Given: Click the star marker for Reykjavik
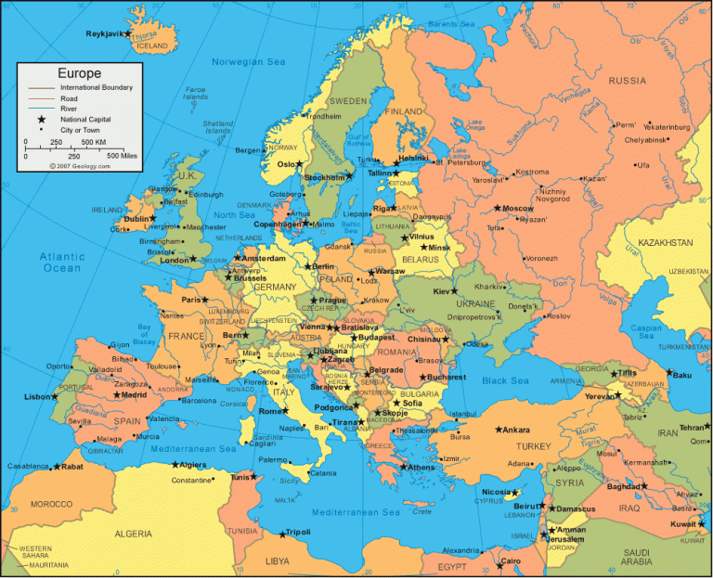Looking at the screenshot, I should pyautogui.click(x=129, y=34).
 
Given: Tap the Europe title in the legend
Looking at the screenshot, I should pyautogui.click(x=79, y=73).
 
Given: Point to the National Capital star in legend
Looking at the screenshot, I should pyautogui.click(x=41, y=120).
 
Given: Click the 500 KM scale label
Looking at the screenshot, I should pyautogui.click(x=94, y=142).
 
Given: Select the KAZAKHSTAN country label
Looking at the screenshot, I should pyautogui.click(x=659, y=242).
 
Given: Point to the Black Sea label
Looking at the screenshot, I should pyautogui.click(x=506, y=380).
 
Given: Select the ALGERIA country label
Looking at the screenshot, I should pyautogui.click(x=133, y=533).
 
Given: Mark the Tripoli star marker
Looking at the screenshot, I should pyautogui.click(x=282, y=533).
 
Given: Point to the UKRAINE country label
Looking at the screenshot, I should pyautogui.click(x=474, y=303).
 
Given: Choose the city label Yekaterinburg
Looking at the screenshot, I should pyautogui.click(x=667, y=126).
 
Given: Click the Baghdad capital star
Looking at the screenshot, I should pyautogui.click(x=644, y=486).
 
